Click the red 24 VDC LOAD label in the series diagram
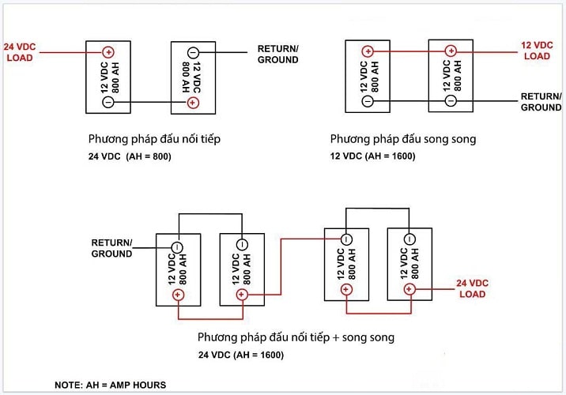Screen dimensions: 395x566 [18, 51]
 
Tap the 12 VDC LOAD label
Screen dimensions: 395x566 [537, 51]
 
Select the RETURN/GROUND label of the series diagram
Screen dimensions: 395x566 [278, 54]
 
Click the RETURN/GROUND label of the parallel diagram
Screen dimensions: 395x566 [541, 101]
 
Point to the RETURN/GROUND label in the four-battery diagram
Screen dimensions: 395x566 [112, 248]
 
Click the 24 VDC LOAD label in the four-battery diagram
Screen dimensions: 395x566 [473, 288]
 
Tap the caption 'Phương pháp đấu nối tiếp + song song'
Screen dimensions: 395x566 [296, 337]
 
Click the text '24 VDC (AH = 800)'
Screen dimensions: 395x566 [130, 156]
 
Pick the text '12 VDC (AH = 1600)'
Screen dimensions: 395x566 [372, 156]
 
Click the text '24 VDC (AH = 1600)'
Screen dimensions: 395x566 [241, 355]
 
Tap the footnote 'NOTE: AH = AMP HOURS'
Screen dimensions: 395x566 [110, 385]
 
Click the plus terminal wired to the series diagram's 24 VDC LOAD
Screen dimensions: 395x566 [108, 54]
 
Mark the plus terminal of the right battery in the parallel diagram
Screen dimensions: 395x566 [451, 51]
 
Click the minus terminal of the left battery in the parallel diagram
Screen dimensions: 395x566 [368, 101]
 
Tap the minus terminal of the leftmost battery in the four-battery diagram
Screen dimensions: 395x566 [179, 244]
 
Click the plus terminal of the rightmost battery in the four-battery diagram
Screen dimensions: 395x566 [409, 289]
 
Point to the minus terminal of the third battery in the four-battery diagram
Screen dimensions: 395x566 [346, 239]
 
